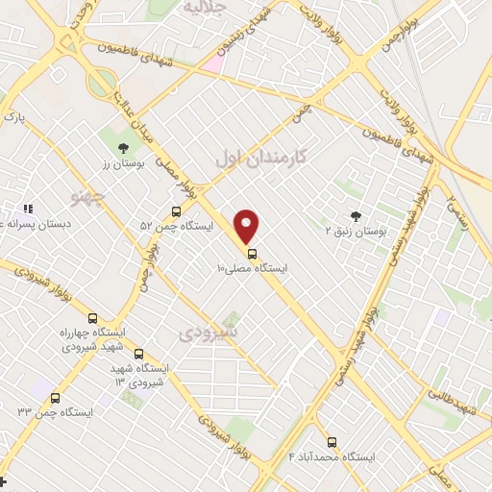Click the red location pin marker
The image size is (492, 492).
tap(247, 226)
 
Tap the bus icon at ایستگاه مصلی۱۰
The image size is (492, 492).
tap(252, 254)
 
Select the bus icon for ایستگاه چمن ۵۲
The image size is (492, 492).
tap(176, 211)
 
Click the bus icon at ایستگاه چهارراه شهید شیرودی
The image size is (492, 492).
tap(92, 318)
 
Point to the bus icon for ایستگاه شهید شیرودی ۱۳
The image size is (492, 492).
tap(138, 354)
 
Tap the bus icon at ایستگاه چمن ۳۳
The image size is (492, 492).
tap(55, 398)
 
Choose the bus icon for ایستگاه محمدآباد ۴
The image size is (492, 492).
tap(332, 442)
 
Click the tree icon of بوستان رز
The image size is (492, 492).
tap(122, 148)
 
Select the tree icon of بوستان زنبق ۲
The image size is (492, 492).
tap(357, 216)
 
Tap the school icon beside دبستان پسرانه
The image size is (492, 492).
tap(28, 208)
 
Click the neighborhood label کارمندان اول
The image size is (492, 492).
tap(259, 158)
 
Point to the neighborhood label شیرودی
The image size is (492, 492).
tap(209, 332)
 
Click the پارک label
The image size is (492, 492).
tap(12, 116)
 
